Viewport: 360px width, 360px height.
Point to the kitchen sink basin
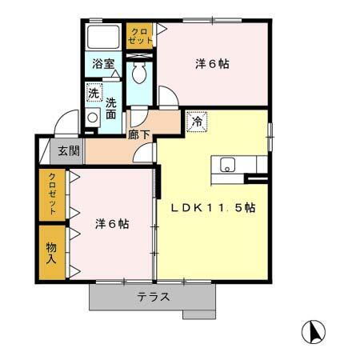(x=227, y=166)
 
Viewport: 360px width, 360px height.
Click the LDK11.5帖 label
(x=213, y=208)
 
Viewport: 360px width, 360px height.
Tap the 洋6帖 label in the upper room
(x=212, y=64)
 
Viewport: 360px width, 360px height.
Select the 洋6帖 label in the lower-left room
(x=112, y=224)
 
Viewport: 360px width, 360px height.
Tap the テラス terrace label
(x=152, y=297)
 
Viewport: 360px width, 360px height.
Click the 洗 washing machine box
(x=94, y=93)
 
